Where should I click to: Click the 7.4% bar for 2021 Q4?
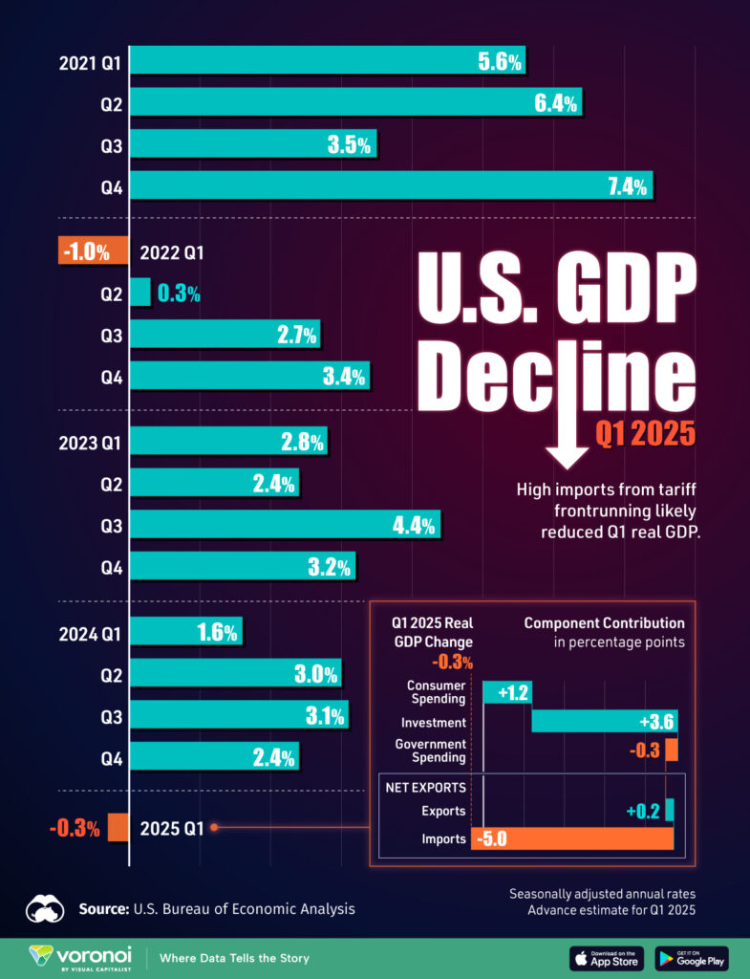391,185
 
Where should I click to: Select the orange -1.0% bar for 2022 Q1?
93,251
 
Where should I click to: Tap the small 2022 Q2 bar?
139,293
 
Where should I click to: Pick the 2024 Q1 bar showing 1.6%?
185,631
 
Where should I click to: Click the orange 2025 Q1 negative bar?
118,827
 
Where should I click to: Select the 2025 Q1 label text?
172,829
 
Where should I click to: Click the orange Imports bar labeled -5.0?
572,838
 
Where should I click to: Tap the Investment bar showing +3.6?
604,721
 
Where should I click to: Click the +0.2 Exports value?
642,811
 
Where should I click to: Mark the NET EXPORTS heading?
425,788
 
